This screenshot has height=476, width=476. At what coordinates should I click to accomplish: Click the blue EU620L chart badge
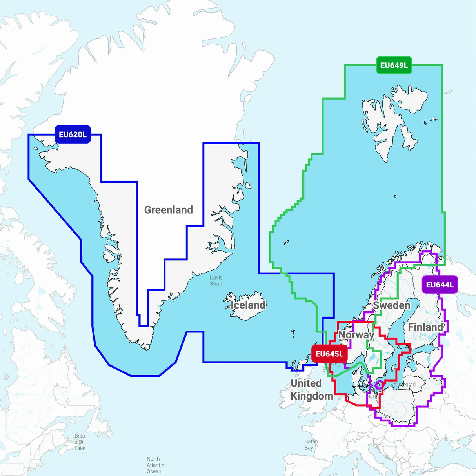(x=73, y=134)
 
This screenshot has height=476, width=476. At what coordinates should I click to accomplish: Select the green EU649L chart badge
(x=394, y=65)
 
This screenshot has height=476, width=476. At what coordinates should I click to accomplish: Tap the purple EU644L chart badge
(x=440, y=285)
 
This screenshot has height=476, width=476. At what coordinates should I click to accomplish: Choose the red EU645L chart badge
(x=329, y=354)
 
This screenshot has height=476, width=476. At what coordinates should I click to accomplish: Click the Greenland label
(x=169, y=210)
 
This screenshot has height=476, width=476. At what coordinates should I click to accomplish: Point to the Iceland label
(x=248, y=305)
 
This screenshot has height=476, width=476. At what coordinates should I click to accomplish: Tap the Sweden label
(x=391, y=305)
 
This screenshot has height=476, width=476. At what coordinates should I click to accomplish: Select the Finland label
(x=426, y=327)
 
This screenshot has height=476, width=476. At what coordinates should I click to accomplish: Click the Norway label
(x=356, y=335)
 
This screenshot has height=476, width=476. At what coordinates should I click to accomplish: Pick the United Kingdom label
(x=311, y=389)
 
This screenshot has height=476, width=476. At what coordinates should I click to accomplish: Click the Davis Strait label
(x=216, y=281)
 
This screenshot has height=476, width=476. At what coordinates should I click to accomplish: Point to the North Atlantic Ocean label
(x=155, y=465)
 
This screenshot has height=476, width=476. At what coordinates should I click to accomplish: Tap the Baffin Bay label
(x=311, y=445)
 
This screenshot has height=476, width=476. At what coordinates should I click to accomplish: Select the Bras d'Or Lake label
(x=80, y=442)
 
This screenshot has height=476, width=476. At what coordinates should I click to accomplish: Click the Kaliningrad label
(x=403, y=385)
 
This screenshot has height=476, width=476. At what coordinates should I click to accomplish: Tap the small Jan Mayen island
(x=286, y=242)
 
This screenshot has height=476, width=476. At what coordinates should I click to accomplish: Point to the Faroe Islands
(x=293, y=333)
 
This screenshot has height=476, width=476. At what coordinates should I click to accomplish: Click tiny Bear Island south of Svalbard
(x=395, y=196)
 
